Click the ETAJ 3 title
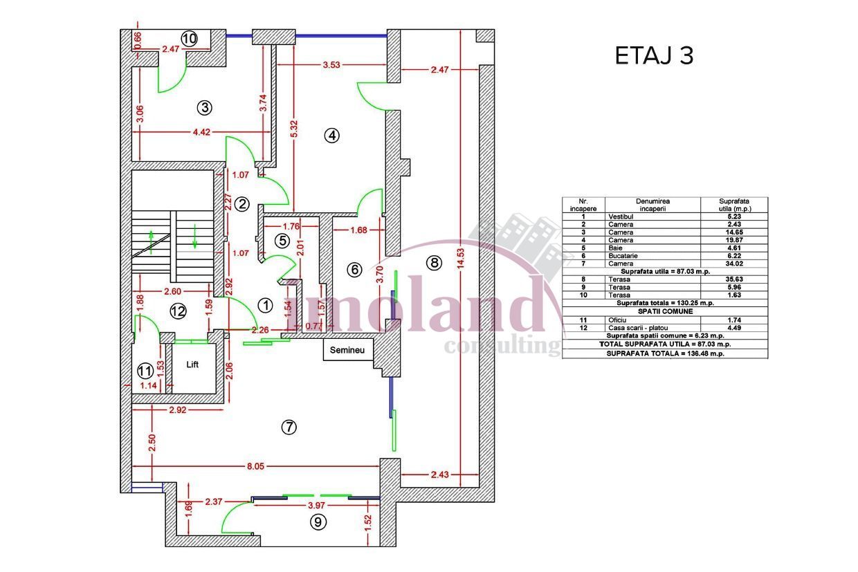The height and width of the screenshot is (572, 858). (654, 56)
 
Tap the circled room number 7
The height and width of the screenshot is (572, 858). (289, 427)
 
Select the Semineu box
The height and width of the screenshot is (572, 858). (348, 349)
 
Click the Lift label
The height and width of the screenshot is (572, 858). (192, 365)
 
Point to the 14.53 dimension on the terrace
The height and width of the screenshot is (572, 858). (460, 260)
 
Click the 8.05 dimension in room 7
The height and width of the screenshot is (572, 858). (255, 466)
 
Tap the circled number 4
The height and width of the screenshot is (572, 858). (331, 136)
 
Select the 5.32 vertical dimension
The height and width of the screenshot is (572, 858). (294, 129)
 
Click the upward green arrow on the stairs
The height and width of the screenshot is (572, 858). (152, 242)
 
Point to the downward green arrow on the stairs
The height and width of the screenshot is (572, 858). (195, 237)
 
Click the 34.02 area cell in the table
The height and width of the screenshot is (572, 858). (734, 264)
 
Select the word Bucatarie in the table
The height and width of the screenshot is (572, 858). (623, 256)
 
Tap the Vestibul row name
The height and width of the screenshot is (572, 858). (621, 216)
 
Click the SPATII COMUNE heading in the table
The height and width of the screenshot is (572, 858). (665, 311)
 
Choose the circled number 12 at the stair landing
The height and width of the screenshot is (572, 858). (178, 311)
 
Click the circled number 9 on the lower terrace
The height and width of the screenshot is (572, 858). (318, 522)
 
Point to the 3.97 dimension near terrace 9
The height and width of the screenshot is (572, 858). (316, 506)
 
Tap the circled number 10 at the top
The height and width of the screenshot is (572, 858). (189, 39)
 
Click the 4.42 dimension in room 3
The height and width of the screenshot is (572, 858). (201, 132)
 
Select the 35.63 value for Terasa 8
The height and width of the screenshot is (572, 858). (734, 279)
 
